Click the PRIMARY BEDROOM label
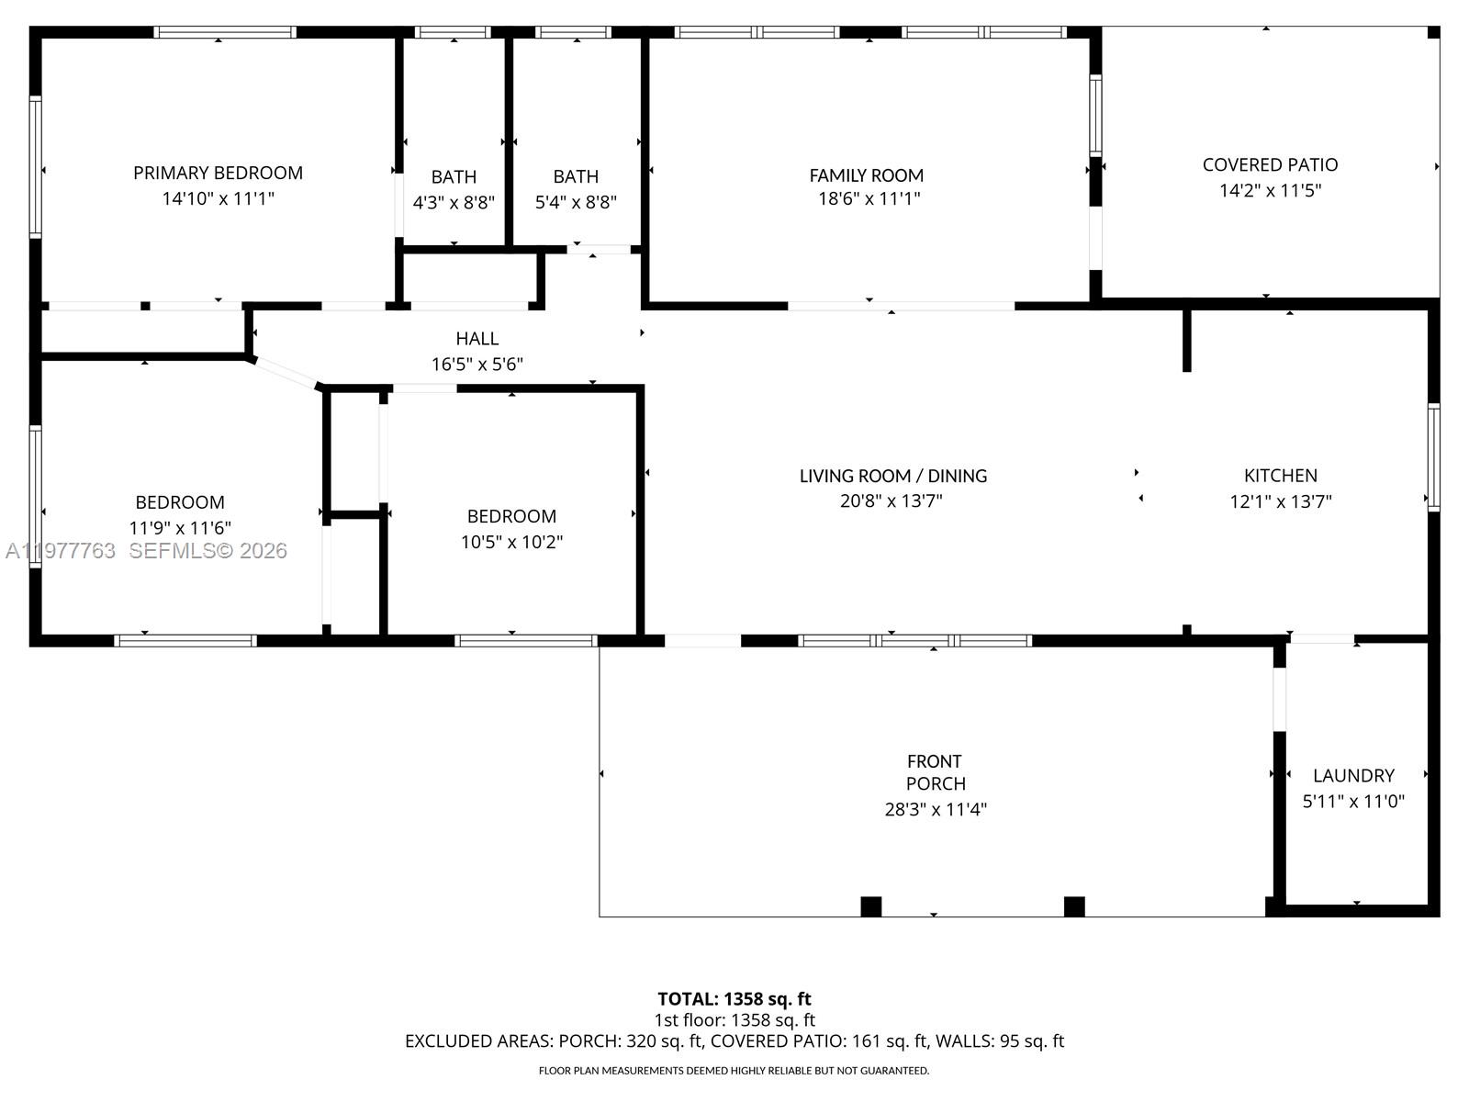tap(218, 173)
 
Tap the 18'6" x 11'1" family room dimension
tap(869, 198)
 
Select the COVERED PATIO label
tap(1270, 165)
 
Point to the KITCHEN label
tap(1280, 476)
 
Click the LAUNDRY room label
tap(1353, 776)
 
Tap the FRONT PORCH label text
tap(935, 772)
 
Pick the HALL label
tap(477, 339)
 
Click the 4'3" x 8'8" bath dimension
tap(454, 203)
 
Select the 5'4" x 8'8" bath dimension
tap(576, 203)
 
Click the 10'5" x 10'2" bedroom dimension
tap(511, 542)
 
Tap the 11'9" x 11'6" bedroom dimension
tap(180, 528)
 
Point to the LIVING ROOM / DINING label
tap(892, 476)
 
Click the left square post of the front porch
tap(870, 906)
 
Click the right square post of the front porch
tap(1074, 906)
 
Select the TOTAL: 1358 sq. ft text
tap(734, 999)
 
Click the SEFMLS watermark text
tap(207, 551)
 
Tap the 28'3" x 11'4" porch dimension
tap(935, 809)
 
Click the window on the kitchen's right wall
tap(1433, 456)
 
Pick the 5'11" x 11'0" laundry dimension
tap(1353, 802)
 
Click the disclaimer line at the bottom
tap(734, 1071)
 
